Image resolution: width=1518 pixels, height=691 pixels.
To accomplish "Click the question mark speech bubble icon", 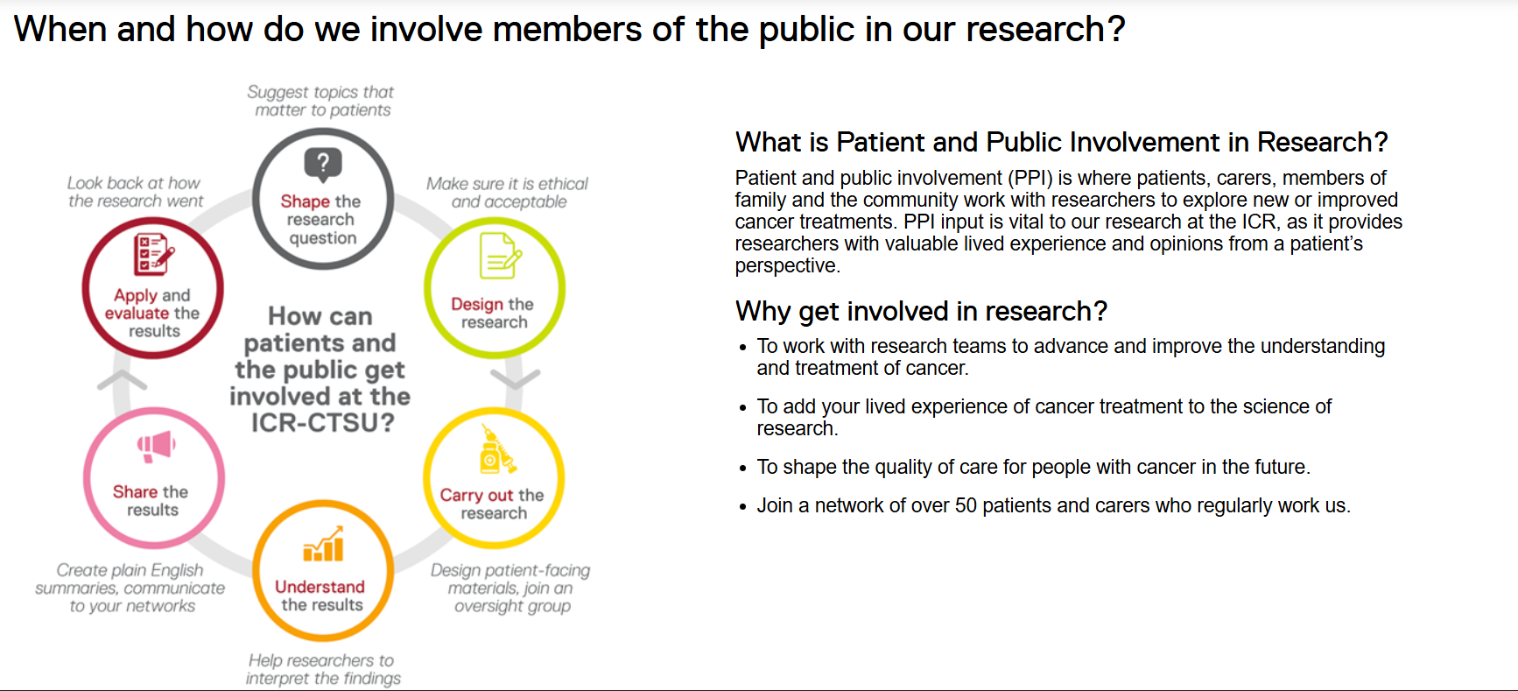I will click(323, 163).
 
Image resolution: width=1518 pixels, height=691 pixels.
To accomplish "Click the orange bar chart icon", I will click(323, 545).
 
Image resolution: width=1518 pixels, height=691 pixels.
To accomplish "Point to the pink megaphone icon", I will click(156, 446).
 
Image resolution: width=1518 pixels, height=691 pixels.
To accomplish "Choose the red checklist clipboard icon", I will click(153, 255).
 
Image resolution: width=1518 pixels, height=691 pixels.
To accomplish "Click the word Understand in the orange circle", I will click(320, 587).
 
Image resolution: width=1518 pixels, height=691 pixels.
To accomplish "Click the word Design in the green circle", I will click(477, 304).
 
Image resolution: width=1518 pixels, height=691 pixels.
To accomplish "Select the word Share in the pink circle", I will click(135, 492).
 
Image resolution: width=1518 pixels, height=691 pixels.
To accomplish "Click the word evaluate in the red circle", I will click(137, 314).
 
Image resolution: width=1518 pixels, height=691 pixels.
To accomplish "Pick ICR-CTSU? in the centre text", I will click(322, 423).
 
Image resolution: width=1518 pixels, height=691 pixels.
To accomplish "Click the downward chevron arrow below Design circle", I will click(516, 378).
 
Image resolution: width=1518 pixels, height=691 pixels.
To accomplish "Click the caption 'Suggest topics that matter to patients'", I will click(321, 102).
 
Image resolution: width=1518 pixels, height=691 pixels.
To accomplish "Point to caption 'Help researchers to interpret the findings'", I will click(322, 669).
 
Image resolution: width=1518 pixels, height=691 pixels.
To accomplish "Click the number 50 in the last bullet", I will click(965, 506).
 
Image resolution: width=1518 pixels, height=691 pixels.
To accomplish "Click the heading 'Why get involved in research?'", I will click(921, 312).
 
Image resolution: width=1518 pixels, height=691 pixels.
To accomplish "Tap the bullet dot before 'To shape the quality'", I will click(742, 469).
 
